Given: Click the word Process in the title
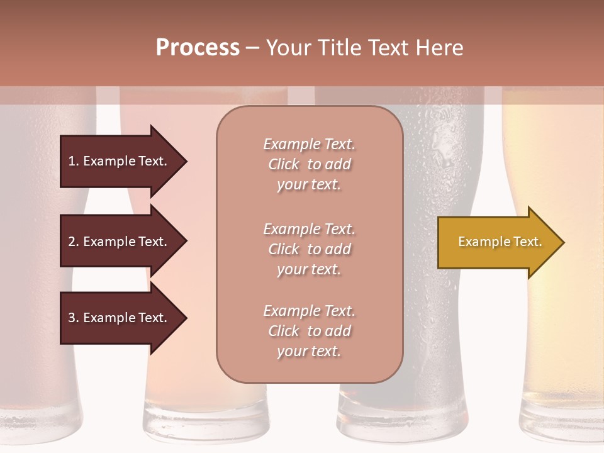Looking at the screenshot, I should (x=198, y=48).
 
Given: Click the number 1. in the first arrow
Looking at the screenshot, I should (x=74, y=161).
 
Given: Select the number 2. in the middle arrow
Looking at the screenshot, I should (x=74, y=242).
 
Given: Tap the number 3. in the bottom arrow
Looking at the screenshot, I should (x=74, y=318).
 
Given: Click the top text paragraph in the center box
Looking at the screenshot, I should (x=309, y=164).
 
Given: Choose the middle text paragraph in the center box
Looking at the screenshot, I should (x=309, y=249).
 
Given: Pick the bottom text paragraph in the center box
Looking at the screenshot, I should (x=309, y=331).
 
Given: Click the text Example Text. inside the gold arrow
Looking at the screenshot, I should (x=500, y=242).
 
